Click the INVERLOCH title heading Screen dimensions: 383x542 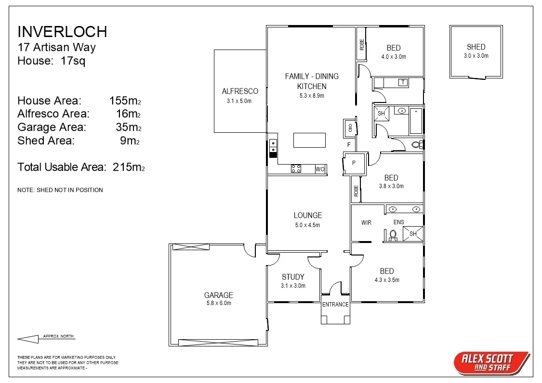pyautogui.click(x=62, y=32)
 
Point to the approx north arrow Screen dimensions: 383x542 pyautogui.click(x=28, y=339)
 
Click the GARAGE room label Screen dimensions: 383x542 pyautogui.click(x=218, y=295)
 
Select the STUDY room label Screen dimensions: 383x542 pyautogui.click(x=293, y=277)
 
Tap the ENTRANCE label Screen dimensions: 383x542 pyautogui.click(x=335, y=304)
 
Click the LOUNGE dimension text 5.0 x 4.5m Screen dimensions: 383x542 pyautogui.click(x=307, y=225)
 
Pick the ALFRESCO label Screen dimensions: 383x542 pyautogui.click(x=240, y=91)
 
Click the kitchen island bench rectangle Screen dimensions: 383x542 pyautogui.click(x=309, y=140)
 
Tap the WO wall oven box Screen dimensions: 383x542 pyautogui.click(x=320, y=169)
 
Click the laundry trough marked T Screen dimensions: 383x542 pyautogui.click(x=402, y=83)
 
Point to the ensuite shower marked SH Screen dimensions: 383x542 pyautogui.click(x=413, y=233)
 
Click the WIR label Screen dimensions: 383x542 pyautogui.click(x=367, y=222)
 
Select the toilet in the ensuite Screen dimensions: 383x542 pyautogui.click(x=393, y=235)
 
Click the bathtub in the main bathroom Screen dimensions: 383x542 pyautogui.click(x=415, y=121)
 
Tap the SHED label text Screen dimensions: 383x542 pyautogui.click(x=476, y=47)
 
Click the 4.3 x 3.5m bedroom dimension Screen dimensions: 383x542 pyautogui.click(x=386, y=280)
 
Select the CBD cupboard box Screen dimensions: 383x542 pyautogui.click(x=350, y=128)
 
